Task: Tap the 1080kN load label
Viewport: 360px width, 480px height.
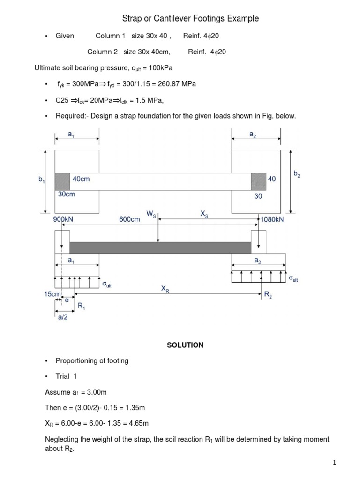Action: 272,219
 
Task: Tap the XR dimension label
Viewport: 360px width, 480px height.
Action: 165,289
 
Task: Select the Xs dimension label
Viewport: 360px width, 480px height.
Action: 204,214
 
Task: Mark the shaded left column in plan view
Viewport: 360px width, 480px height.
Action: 62,181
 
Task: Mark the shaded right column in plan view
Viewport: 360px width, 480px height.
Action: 258,181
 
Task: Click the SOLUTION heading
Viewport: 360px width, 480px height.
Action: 185,345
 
